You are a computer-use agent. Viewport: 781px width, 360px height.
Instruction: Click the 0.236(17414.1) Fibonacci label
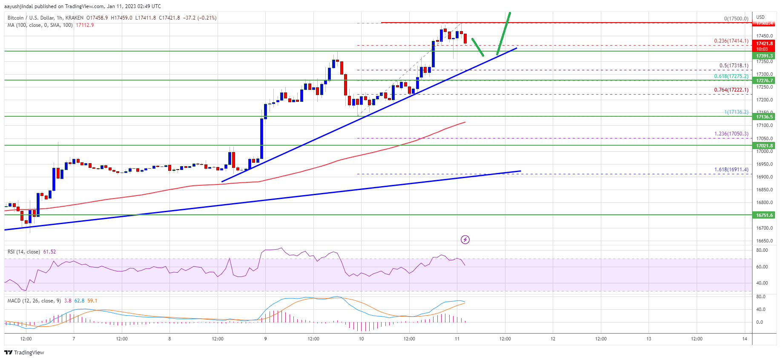pos(731,41)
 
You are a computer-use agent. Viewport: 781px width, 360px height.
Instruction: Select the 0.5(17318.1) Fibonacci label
pos(733,66)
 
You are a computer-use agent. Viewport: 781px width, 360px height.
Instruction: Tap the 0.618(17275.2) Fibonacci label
pos(731,76)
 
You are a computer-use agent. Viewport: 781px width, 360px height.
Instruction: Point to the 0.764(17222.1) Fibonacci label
pos(731,90)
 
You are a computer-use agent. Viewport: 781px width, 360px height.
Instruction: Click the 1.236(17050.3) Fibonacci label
pos(731,134)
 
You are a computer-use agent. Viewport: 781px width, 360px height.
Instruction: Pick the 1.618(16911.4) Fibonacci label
pos(731,170)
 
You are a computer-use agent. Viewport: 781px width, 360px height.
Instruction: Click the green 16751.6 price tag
pos(764,215)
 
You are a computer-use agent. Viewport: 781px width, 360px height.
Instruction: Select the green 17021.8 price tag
pos(764,146)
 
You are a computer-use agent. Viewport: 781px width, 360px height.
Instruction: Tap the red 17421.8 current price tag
pos(764,43)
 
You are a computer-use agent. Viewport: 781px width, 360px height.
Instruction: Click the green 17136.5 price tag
pos(764,117)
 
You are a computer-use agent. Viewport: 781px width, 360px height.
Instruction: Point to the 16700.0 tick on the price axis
pos(764,228)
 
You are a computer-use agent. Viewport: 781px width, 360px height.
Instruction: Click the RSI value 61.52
pos(49,252)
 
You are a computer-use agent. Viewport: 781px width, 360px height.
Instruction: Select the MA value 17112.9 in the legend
pos(85,25)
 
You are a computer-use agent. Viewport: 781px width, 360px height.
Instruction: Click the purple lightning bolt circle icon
pos(465,240)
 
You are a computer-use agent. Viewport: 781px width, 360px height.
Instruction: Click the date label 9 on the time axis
pos(265,339)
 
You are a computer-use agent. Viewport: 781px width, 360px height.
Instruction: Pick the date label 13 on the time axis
pos(649,339)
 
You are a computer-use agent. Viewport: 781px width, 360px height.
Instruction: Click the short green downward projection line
pos(477,47)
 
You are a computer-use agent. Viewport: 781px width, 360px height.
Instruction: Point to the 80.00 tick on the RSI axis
pos(762,251)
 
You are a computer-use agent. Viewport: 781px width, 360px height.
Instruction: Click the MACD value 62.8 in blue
pos(79,301)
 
